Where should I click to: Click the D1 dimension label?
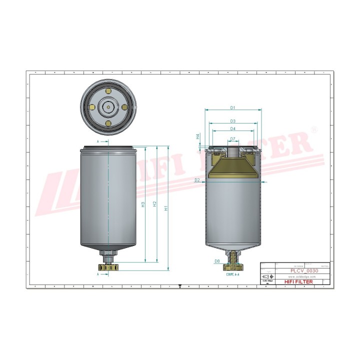tap(233, 107)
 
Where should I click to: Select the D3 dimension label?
tap(233, 121)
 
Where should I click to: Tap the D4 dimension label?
tap(233, 129)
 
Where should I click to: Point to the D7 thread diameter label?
tap(233, 138)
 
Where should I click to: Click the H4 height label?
tap(198, 136)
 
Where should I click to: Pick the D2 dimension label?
tap(197, 180)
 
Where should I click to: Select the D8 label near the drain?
tap(217, 261)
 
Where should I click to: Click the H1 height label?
tap(166, 207)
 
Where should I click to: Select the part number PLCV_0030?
tap(304, 270)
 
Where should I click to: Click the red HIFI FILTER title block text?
tap(298, 282)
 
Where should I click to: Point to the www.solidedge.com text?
tap(298, 276)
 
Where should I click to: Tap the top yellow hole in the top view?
tap(107, 91)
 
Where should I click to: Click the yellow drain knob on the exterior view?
tap(107, 270)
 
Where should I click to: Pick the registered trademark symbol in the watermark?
tap(314, 129)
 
